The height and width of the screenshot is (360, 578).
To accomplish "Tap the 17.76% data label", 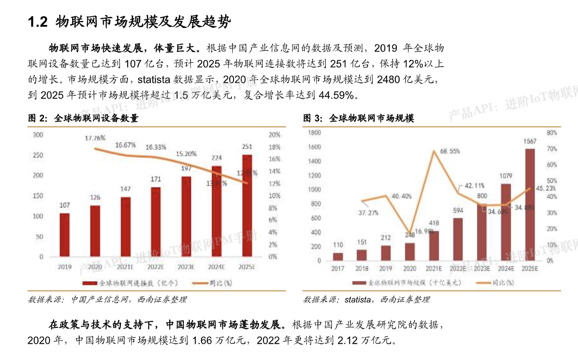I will tap(95, 138).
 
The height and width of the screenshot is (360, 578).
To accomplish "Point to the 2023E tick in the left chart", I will tap(185, 267).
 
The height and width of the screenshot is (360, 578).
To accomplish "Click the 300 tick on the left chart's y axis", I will tap(38, 135).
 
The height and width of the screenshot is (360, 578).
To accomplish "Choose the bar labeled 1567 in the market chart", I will tap(529, 204).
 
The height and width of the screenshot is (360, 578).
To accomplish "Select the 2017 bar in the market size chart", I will tap(338, 256).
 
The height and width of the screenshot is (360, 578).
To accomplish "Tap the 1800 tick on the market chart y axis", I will tap(314, 132).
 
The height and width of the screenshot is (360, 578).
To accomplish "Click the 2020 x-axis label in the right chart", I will tap(410, 269).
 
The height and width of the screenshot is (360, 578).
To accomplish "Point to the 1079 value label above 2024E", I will tap(505, 176).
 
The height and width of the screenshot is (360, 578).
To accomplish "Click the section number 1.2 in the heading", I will tap(38, 22).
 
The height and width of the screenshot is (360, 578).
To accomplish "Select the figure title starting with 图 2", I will tap(83, 118).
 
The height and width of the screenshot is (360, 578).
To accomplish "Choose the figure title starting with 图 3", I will tap(358, 118).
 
